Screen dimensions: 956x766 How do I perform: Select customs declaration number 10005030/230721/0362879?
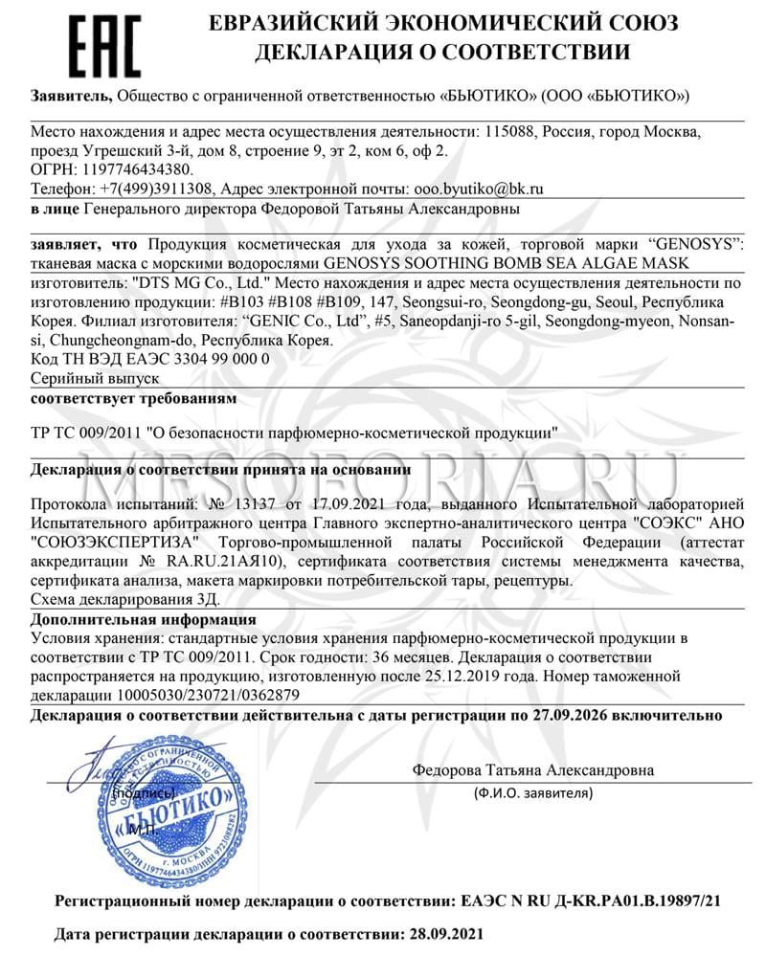click(211, 694)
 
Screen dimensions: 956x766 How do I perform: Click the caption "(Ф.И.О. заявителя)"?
click(533, 793)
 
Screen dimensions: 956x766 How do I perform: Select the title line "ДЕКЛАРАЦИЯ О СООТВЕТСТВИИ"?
click(442, 53)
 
